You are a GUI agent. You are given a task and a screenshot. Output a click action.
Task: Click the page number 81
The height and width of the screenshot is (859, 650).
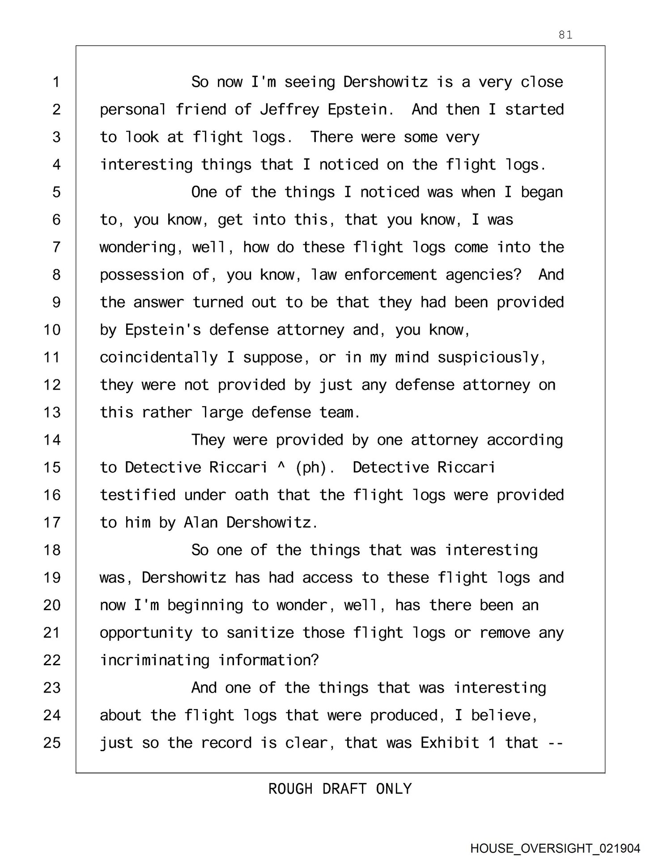click(x=565, y=35)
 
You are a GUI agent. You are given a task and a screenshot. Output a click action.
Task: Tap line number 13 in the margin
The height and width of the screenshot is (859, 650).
click(x=52, y=412)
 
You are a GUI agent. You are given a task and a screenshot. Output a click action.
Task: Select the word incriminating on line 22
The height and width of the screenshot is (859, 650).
click(x=154, y=660)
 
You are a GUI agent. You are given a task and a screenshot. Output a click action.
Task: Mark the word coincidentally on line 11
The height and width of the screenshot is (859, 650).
click(x=158, y=357)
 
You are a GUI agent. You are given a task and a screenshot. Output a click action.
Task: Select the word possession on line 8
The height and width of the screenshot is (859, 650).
click(x=141, y=275)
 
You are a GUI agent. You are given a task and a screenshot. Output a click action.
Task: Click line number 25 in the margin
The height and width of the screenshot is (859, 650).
click(x=52, y=743)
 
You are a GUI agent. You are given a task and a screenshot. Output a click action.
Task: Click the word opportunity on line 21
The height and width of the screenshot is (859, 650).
click(x=146, y=633)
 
